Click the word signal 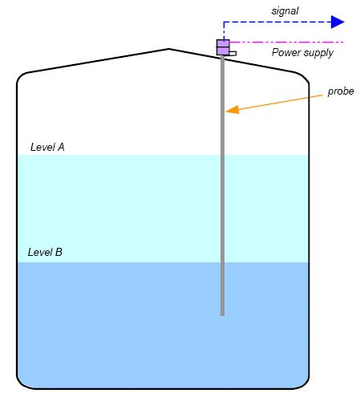point(285,11)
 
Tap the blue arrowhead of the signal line point(338,22)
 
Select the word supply point(318,53)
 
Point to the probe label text point(341,91)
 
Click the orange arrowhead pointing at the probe point(233,110)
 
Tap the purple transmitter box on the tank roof point(223,47)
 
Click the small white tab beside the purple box point(233,54)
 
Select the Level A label point(47,147)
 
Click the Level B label point(45,252)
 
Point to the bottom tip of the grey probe point(222,315)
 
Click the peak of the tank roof point(169,49)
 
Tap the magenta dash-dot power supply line point(286,43)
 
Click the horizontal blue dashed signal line point(277,22)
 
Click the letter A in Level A point(61,147)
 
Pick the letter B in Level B point(59,252)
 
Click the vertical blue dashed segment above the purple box point(224,30)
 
